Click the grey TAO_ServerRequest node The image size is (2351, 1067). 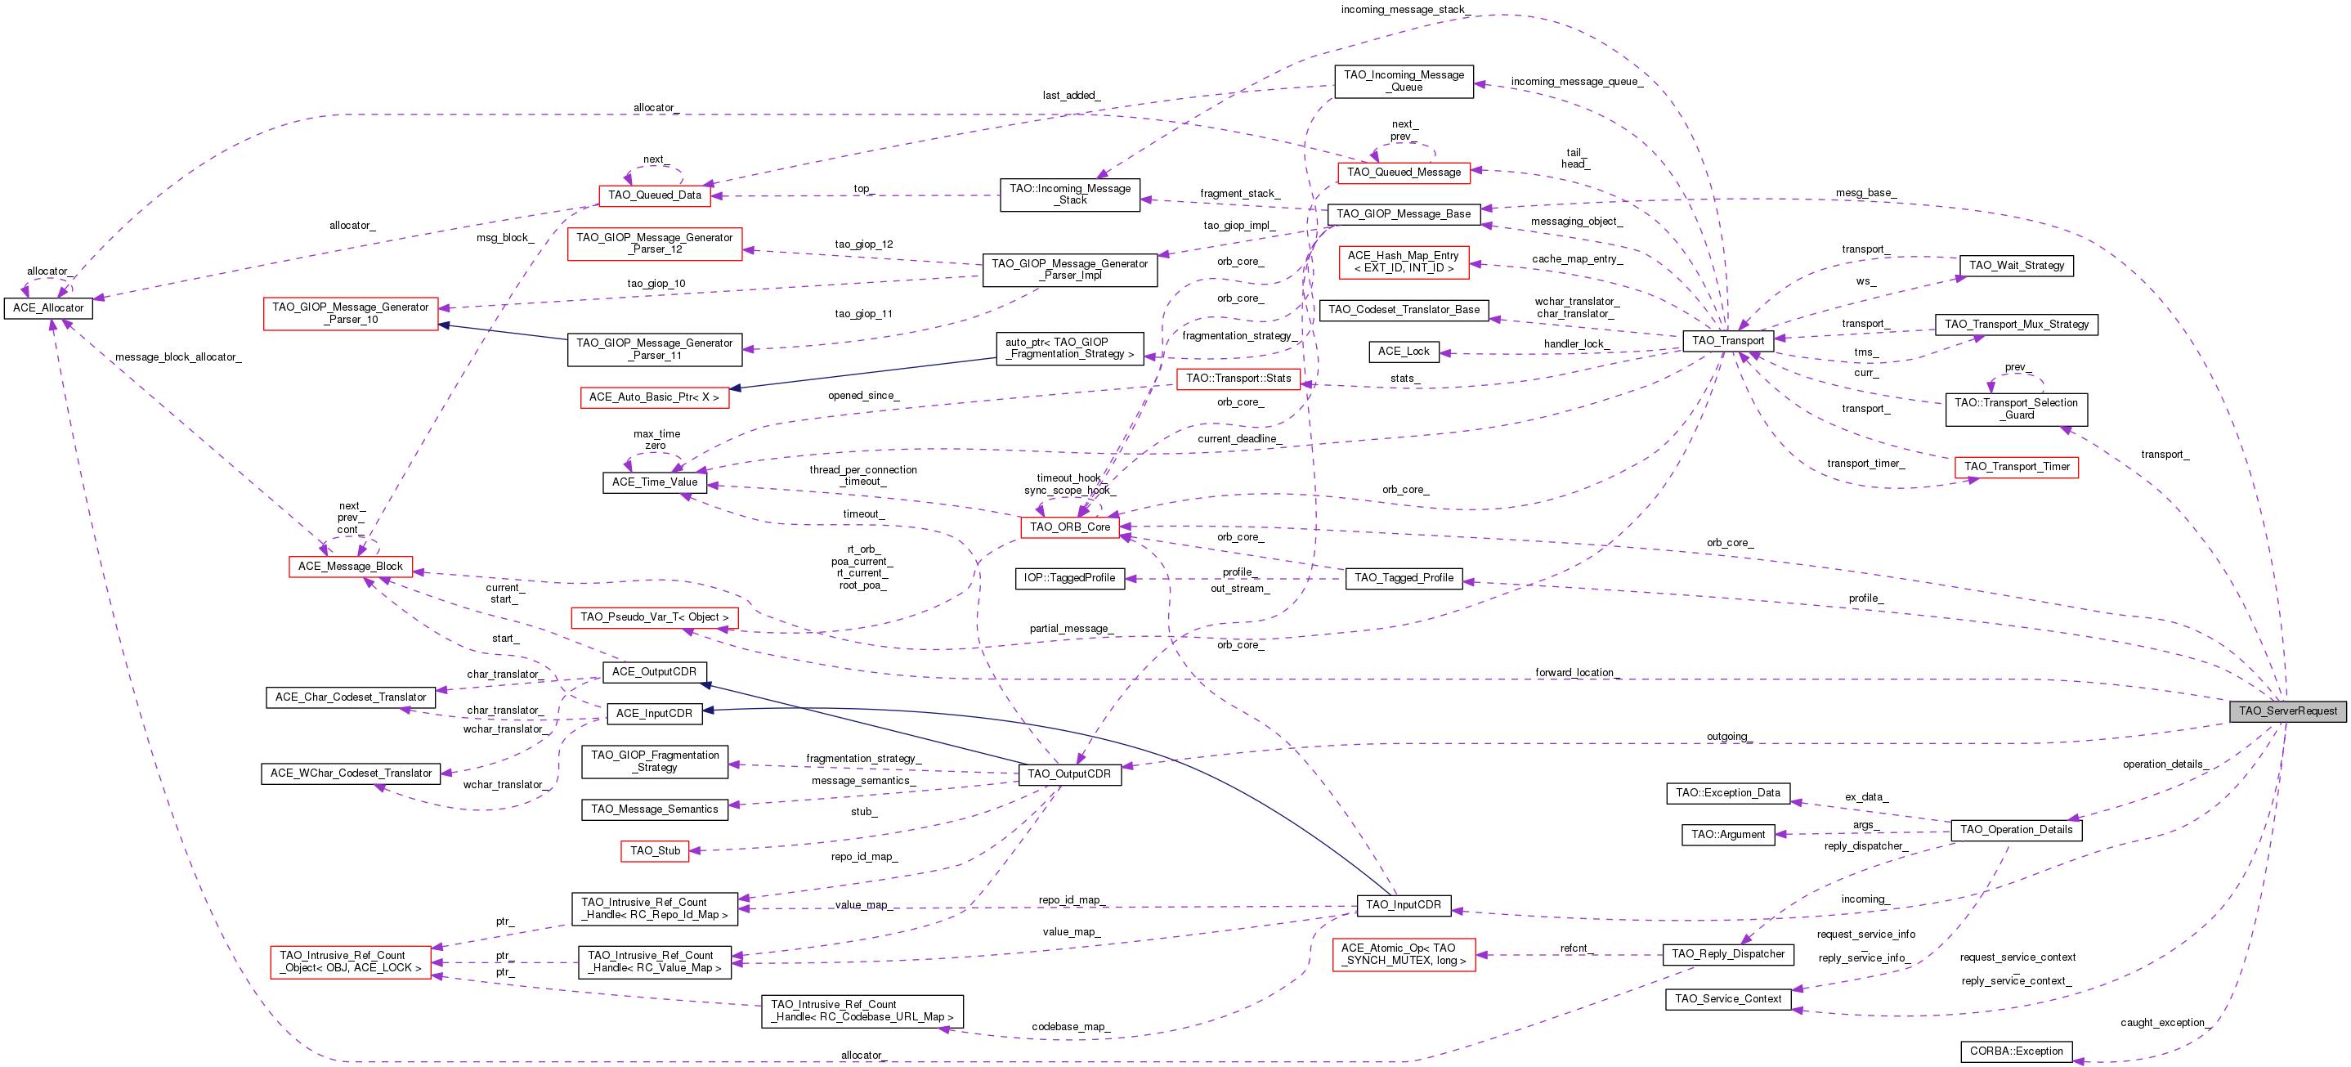[x=2287, y=711]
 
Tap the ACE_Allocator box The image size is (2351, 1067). [x=48, y=308]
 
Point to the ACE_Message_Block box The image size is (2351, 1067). [x=351, y=567]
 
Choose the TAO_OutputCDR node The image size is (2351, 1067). [x=1068, y=774]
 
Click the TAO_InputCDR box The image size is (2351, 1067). [x=1403, y=905]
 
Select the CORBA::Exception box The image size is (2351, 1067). [x=2016, y=1051]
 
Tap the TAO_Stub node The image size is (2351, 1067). [x=656, y=850]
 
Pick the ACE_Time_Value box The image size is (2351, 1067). [x=655, y=482]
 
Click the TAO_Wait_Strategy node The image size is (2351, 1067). [x=2016, y=266]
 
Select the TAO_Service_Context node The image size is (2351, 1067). [x=1727, y=999]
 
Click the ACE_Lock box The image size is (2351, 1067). [x=1404, y=352]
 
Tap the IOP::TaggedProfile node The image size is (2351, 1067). [x=1068, y=578]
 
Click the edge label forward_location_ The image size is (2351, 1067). [x=1576, y=673]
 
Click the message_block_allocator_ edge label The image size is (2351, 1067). [x=178, y=356]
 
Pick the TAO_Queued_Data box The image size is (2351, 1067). [x=655, y=195]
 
